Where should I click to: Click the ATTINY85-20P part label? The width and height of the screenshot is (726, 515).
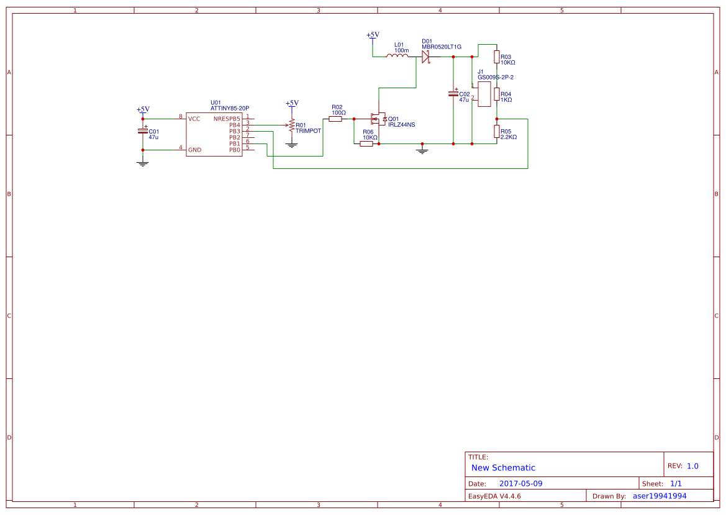[x=229, y=108]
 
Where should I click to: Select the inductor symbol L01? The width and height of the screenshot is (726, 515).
[x=397, y=57]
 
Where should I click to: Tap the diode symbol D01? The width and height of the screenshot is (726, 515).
[x=426, y=57]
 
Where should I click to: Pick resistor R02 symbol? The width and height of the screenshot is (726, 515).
[x=335, y=119]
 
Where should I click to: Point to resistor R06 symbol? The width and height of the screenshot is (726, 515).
[x=366, y=144]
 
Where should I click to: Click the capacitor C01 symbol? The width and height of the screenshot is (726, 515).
[x=143, y=131]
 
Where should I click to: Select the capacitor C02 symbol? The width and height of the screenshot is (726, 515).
[x=453, y=94]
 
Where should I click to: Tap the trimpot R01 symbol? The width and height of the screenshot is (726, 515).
[x=291, y=125]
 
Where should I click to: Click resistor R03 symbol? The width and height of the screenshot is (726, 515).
[x=497, y=57]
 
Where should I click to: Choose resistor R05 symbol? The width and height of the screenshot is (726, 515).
[x=497, y=131]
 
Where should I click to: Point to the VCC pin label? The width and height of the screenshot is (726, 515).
[x=194, y=119]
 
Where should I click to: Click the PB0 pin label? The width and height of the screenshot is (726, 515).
[x=234, y=150]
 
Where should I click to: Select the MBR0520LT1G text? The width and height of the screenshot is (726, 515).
[x=442, y=47]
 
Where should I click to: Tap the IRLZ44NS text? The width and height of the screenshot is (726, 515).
[x=401, y=125]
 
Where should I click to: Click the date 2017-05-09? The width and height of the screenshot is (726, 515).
[x=520, y=483]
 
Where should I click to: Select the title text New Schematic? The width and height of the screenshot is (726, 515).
[x=503, y=468]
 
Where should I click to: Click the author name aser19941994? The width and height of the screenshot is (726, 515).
[x=660, y=496]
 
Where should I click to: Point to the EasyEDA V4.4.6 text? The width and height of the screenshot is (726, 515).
[x=494, y=496]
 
